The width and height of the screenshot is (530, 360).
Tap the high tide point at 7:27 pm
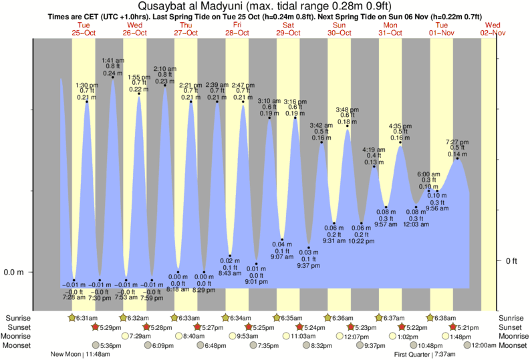tap(458, 158)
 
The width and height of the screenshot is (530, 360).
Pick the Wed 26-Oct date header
tap(136, 29)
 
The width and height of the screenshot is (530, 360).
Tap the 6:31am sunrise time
tap(87, 317)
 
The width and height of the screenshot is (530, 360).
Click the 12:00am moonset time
tap(484, 345)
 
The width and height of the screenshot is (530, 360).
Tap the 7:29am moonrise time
tap(138, 336)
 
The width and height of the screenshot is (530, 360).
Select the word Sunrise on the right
tap(511, 317)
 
